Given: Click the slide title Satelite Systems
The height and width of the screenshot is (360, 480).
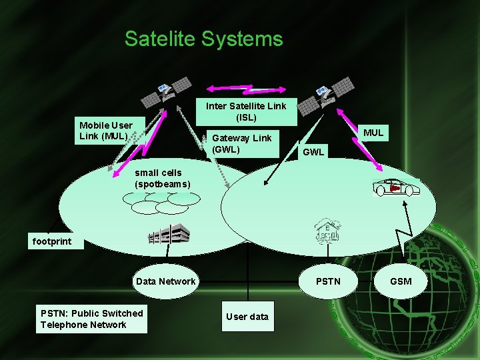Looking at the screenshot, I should coord(203,39).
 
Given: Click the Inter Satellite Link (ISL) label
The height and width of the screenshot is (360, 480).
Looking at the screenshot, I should coord(246,111).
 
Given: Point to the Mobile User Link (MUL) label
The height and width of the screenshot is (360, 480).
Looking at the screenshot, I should coord(105,131).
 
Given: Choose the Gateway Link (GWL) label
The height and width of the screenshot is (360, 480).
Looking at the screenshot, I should coord(241,143).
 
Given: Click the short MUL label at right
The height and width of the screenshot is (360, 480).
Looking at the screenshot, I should coord(373,133).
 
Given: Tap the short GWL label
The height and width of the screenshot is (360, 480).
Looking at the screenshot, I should coord(313,152).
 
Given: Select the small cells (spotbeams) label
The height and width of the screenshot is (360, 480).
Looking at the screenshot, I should coord(162,178).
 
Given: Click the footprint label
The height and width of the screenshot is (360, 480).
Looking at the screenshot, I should coord(51,241).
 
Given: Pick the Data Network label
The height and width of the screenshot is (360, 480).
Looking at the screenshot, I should coord(165,281).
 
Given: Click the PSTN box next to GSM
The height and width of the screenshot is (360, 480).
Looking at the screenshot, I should coord(328,281).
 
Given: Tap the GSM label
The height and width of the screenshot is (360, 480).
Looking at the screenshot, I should coord(401,281).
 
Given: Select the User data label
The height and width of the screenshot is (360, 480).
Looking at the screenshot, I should coord(247,317).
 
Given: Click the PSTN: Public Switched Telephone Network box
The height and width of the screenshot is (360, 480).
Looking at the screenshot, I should coord(92,319).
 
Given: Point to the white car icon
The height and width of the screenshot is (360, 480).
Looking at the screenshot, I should coord(396,187).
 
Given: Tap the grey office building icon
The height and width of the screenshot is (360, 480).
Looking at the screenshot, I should coord(169,234).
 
